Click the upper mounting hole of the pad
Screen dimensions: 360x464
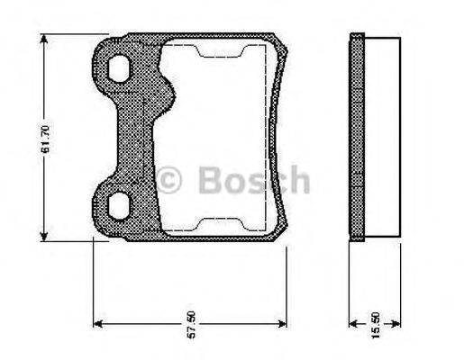[117, 67]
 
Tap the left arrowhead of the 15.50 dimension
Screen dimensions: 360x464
[353, 323]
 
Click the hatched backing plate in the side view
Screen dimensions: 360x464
[357, 139]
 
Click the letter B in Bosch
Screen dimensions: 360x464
[209, 180]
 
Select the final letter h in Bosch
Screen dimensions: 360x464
[299, 180]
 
